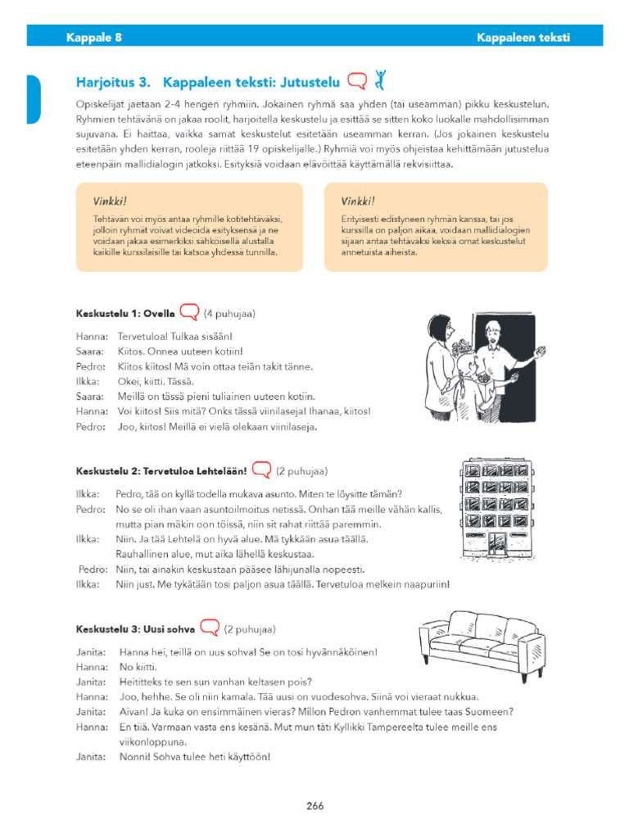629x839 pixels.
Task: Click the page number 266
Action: pyautogui.click(x=315, y=805)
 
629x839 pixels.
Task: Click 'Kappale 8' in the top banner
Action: pyautogui.click(x=94, y=37)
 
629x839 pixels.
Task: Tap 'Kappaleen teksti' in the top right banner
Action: pyautogui.click(x=523, y=37)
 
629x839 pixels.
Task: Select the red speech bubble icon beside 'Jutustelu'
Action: pyautogui.click(x=357, y=81)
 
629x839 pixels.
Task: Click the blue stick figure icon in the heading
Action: pyautogui.click(x=379, y=79)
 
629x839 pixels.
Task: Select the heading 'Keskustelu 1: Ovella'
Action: pyautogui.click(x=125, y=313)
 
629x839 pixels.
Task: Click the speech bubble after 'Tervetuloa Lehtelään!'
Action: pyautogui.click(x=261, y=470)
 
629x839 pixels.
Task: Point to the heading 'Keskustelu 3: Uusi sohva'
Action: pyautogui.click(x=135, y=629)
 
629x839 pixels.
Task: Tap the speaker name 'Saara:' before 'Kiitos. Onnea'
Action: pyautogui.click(x=89, y=351)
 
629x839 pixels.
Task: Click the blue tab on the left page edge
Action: pyautogui.click(x=34, y=98)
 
